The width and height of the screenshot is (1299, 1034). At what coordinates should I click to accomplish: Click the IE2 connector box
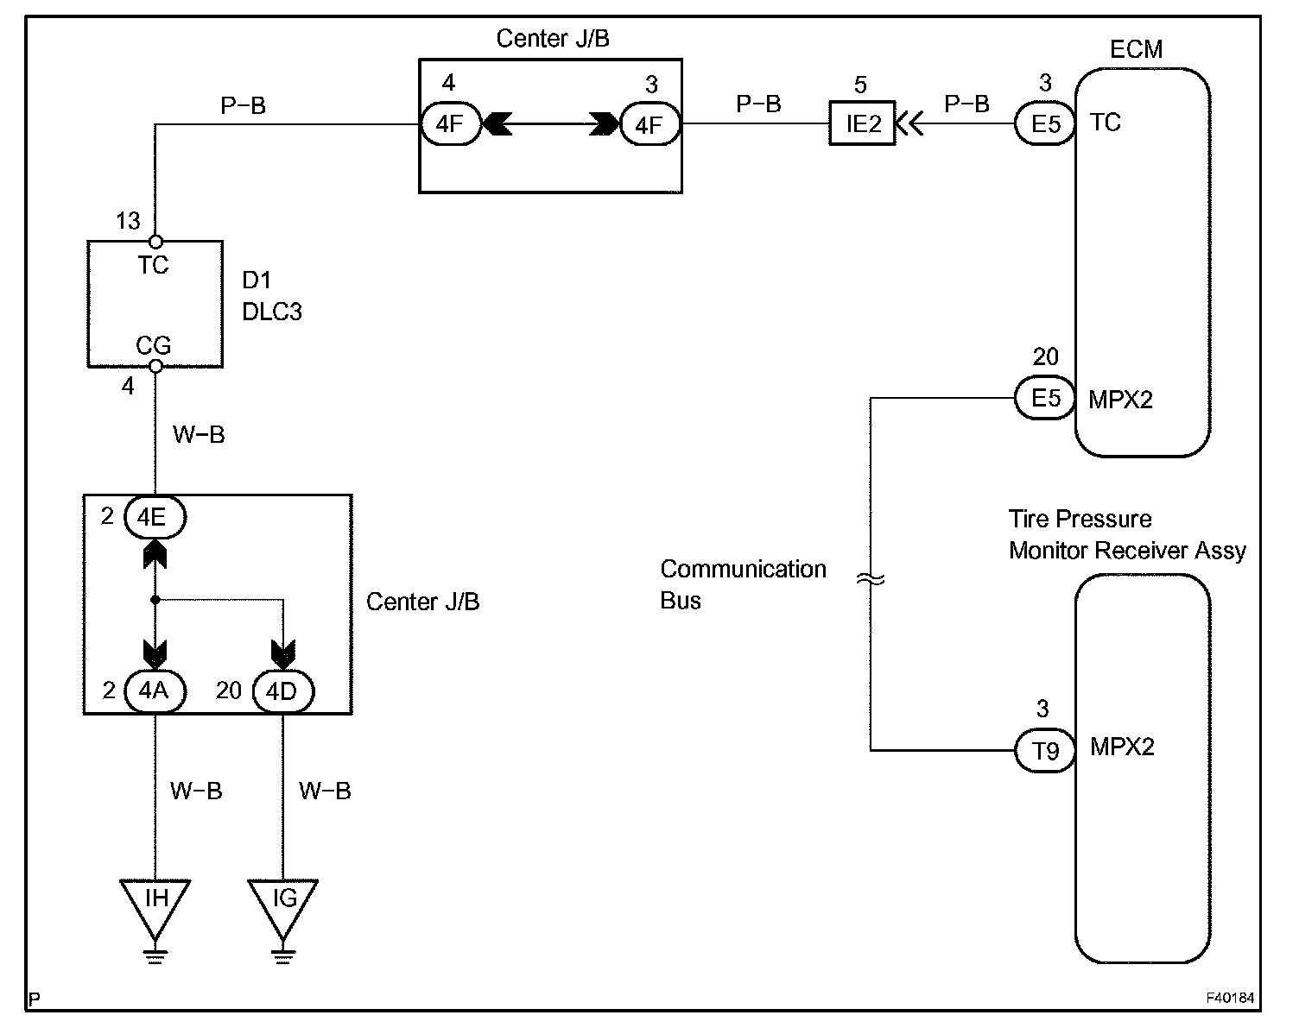coord(861,123)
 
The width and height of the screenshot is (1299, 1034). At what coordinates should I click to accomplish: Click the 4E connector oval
coord(155,517)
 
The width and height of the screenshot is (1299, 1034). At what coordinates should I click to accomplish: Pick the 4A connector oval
coord(155,690)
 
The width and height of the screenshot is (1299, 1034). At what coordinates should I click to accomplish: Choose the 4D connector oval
coord(283,691)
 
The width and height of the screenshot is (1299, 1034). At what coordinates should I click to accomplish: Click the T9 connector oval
coord(1045,750)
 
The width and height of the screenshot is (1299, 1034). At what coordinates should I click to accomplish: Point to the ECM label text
coord(1136,49)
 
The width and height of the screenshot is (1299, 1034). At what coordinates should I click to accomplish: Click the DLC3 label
coord(271,312)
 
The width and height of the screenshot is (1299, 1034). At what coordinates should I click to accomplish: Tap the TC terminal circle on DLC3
coord(155,242)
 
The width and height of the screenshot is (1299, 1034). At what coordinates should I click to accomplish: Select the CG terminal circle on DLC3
coord(155,366)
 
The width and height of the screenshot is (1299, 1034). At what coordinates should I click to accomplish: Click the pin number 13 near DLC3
coord(128,221)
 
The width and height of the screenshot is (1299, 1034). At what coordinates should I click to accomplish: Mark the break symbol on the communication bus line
coord(871,580)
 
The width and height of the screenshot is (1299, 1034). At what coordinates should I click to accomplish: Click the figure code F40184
coord(1230,998)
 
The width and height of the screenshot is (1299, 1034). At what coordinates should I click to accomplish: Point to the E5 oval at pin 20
coord(1045,398)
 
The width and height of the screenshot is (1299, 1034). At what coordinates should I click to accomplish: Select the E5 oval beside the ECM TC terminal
coord(1045,123)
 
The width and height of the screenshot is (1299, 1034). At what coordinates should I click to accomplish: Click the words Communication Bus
coord(743,584)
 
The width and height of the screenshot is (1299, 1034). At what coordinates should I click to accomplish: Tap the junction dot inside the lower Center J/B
coord(155,600)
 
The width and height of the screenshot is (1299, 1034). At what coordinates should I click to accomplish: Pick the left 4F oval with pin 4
coord(450,123)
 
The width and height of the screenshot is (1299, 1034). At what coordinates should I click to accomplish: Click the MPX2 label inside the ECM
coord(1120,400)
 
